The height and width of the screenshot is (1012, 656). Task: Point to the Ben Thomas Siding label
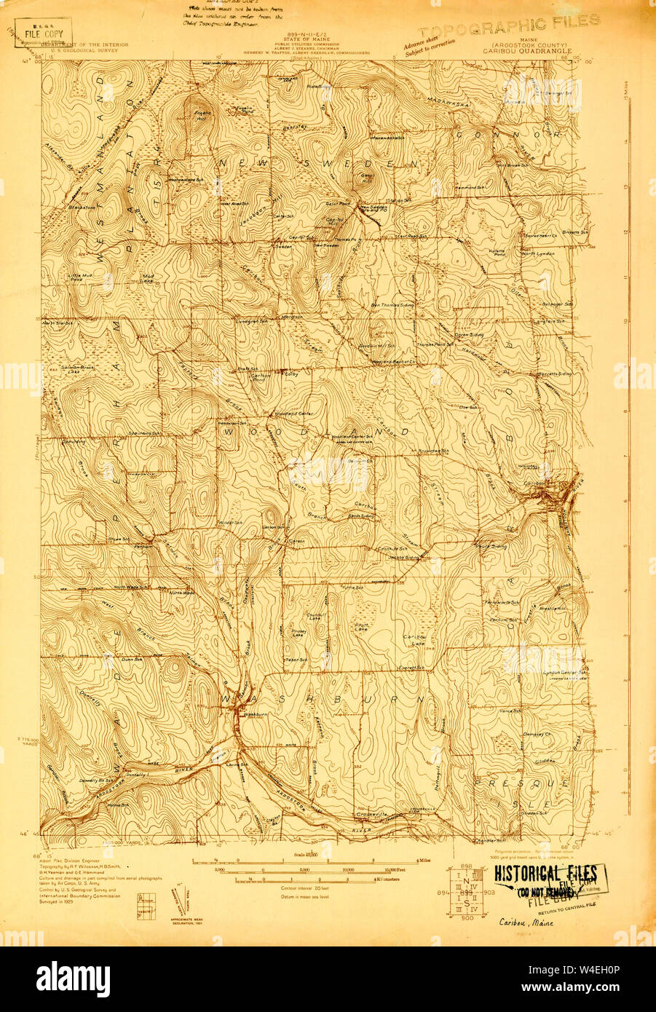click(393, 305)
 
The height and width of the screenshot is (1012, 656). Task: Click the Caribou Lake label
click(413, 640)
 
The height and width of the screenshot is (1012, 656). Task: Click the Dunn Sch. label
click(131, 658)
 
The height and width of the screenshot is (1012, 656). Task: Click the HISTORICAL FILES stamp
click(546, 874)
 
